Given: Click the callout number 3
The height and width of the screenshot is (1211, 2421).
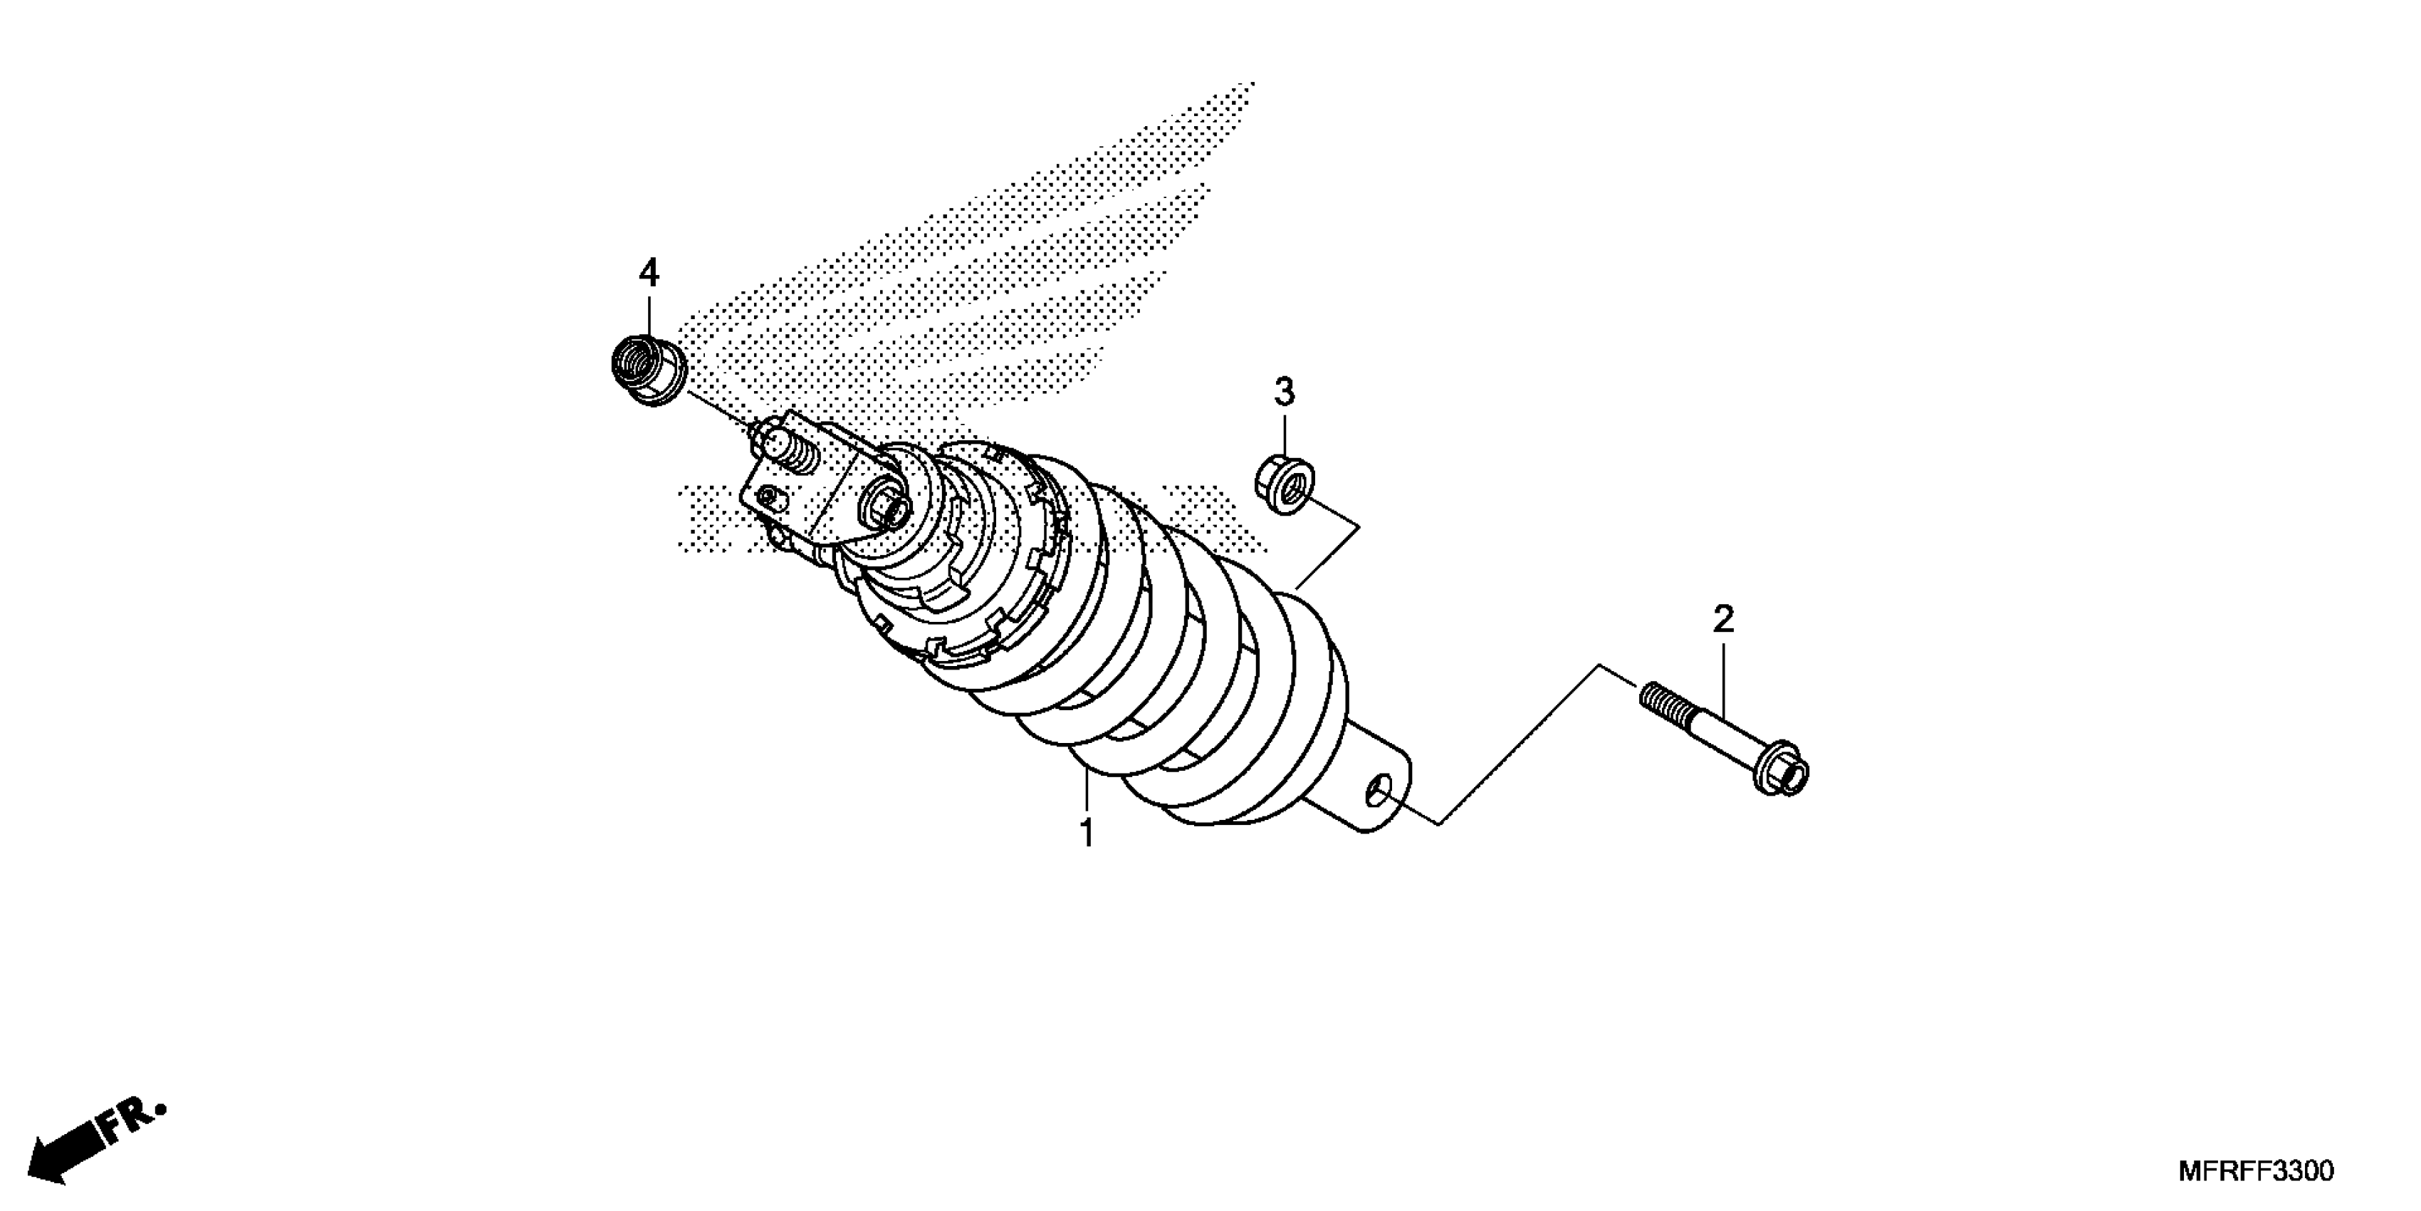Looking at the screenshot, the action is pos(1284,390).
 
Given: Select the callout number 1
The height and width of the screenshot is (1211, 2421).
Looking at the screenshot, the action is pos(1087,832).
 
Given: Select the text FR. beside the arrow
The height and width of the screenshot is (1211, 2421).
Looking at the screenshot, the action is pos(136,1122).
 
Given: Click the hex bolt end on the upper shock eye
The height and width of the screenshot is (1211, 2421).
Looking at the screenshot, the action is pos(887,509).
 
